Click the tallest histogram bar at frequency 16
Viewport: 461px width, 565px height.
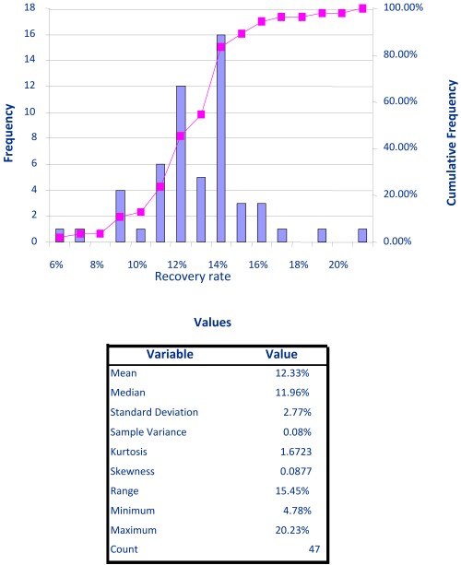click(x=221, y=138)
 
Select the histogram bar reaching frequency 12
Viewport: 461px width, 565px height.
click(x=181, y=164)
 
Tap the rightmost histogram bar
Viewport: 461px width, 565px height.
click(x=362, y=235)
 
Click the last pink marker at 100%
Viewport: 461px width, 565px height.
click(x=362, y=8)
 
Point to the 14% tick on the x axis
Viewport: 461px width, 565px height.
click(x=218, y=265)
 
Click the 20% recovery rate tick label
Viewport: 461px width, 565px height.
click(x=338, y=265)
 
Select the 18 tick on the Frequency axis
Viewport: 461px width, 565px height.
click(x=30, y=7)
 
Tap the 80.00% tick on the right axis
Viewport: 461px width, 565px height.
click(x=400, y=54)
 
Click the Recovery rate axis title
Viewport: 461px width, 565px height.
click(x=193, y=277)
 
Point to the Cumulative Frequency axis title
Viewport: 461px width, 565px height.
click(x=451, y=143)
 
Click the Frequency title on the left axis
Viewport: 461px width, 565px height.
click(x=8, y=133)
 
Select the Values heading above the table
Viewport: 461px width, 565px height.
click(x=213, y=323)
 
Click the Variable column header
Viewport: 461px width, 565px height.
click(x=170, y=354)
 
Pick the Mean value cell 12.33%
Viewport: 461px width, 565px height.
click(x=292, y=373)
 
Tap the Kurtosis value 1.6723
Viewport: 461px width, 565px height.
click(x=296, y=452)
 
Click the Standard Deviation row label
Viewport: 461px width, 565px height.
click(x=154, y=412)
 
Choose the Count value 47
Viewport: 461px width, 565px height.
click(x=314, y=549)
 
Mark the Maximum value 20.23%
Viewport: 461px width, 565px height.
click(x=292, y=530)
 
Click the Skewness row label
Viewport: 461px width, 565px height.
click(x=132, y=471)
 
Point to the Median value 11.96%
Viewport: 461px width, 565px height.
click(x=292, y=393)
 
